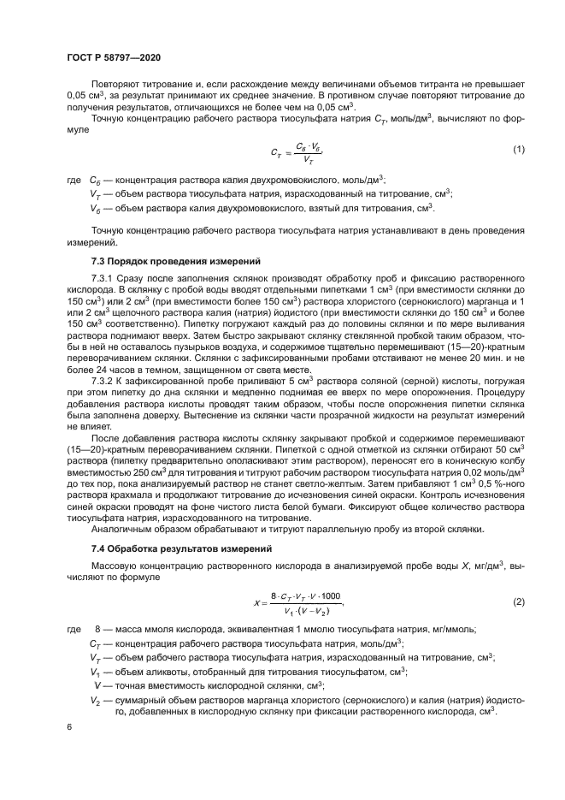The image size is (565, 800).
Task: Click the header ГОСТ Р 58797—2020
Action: [x=113, y=56]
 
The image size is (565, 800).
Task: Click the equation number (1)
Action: [x=518, y=150]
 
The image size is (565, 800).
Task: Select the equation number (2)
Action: [x=518, y=601]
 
